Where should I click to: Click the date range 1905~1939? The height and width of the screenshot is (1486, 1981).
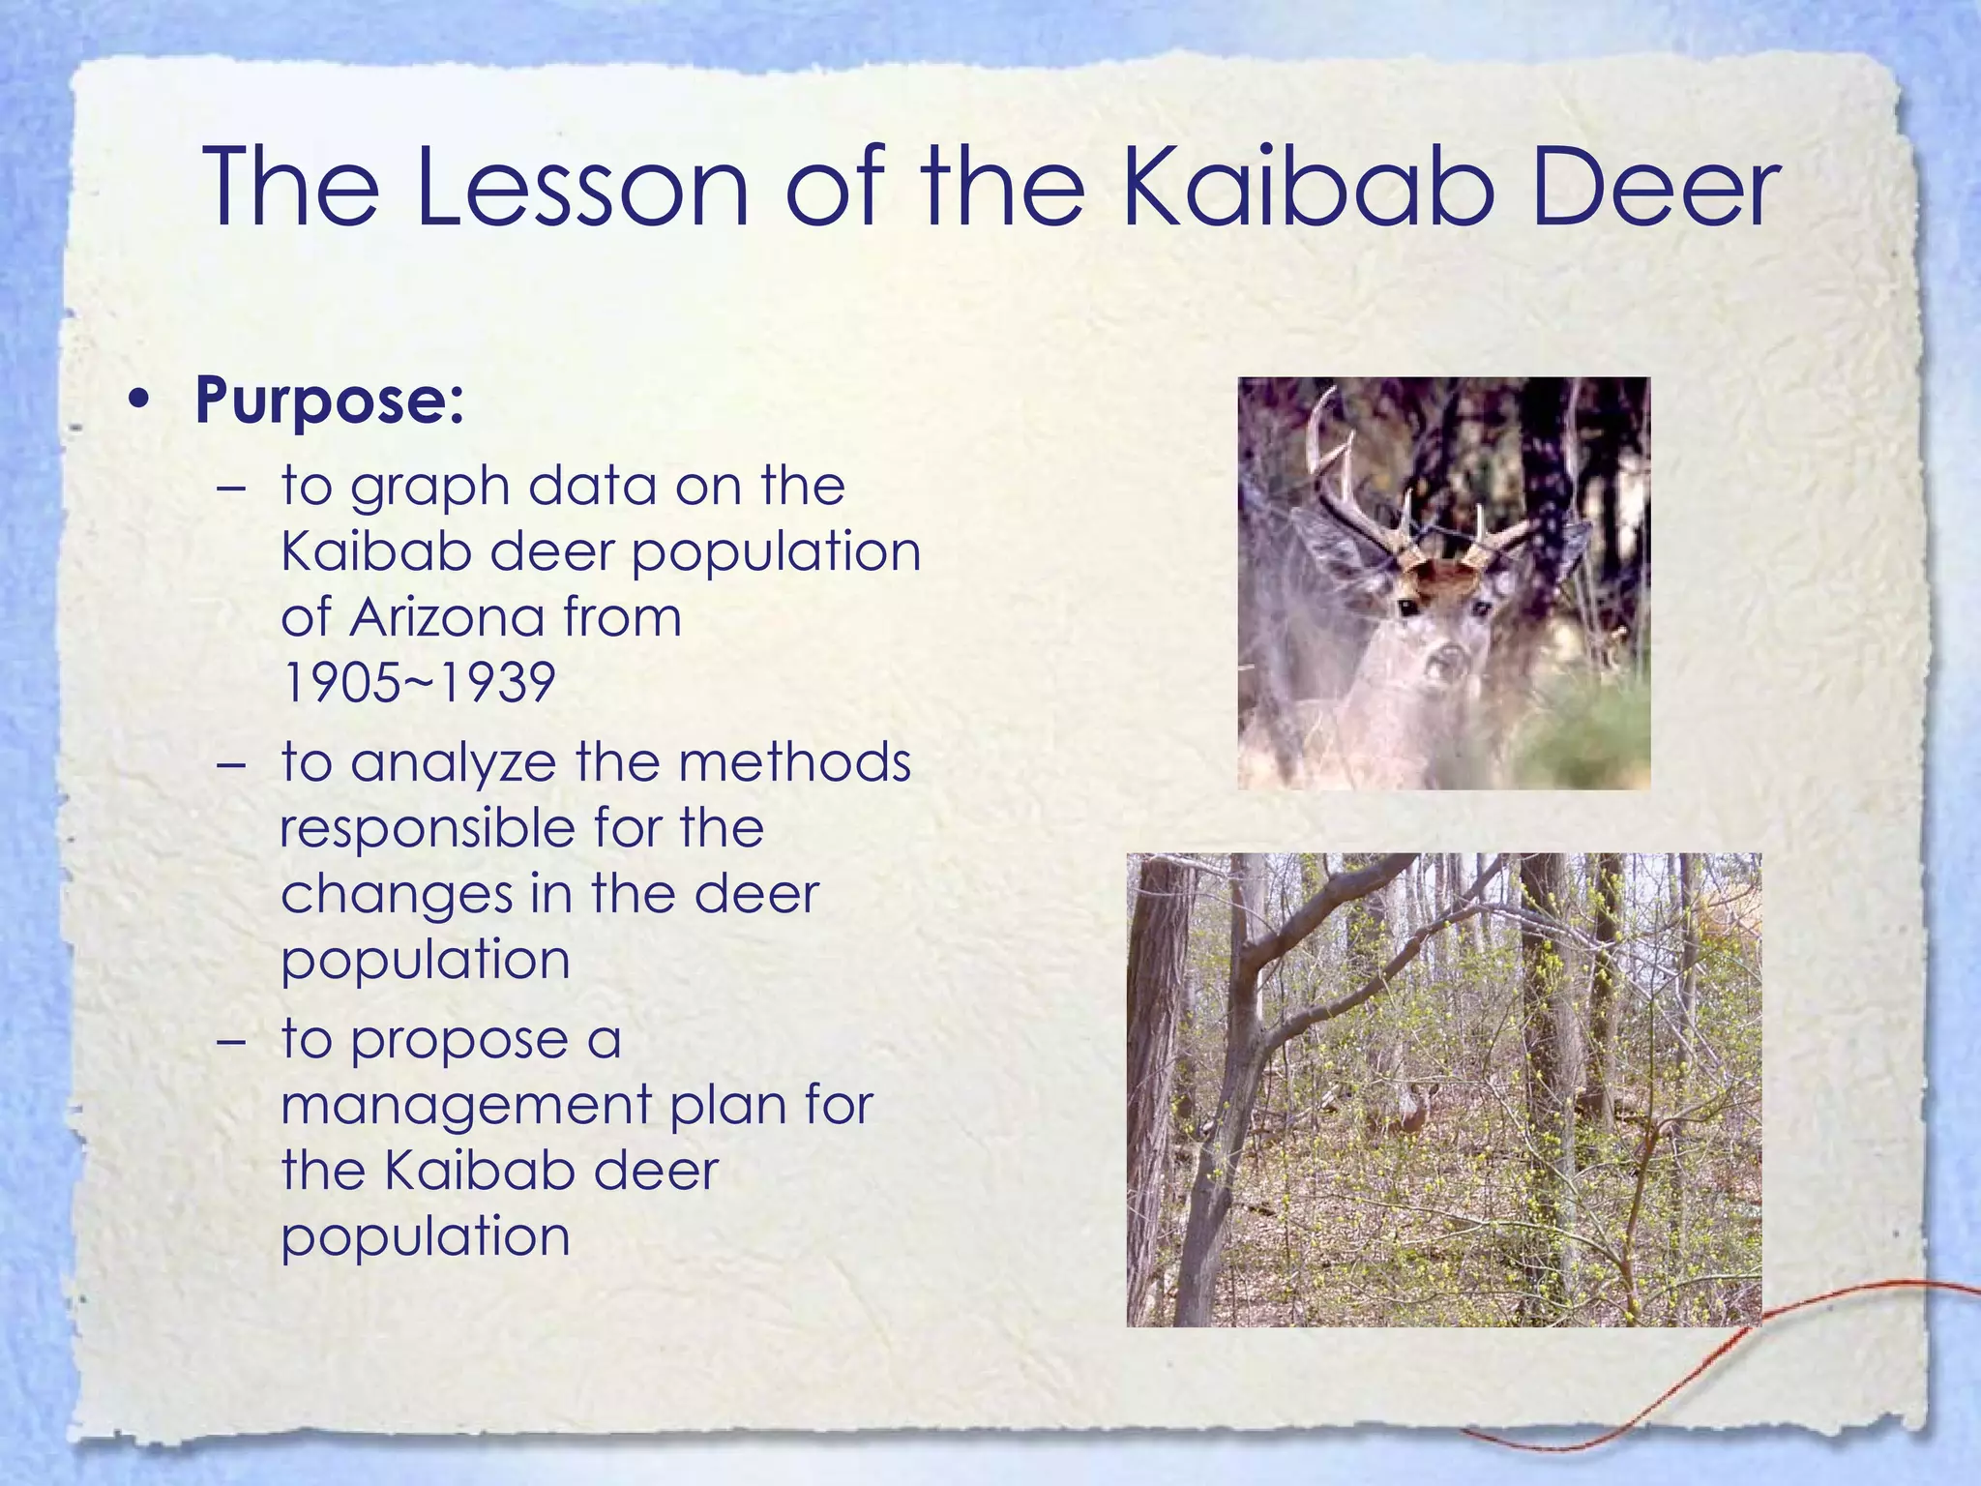click(418, 683)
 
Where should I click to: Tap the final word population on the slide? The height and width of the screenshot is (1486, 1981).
click(426, 1236)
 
